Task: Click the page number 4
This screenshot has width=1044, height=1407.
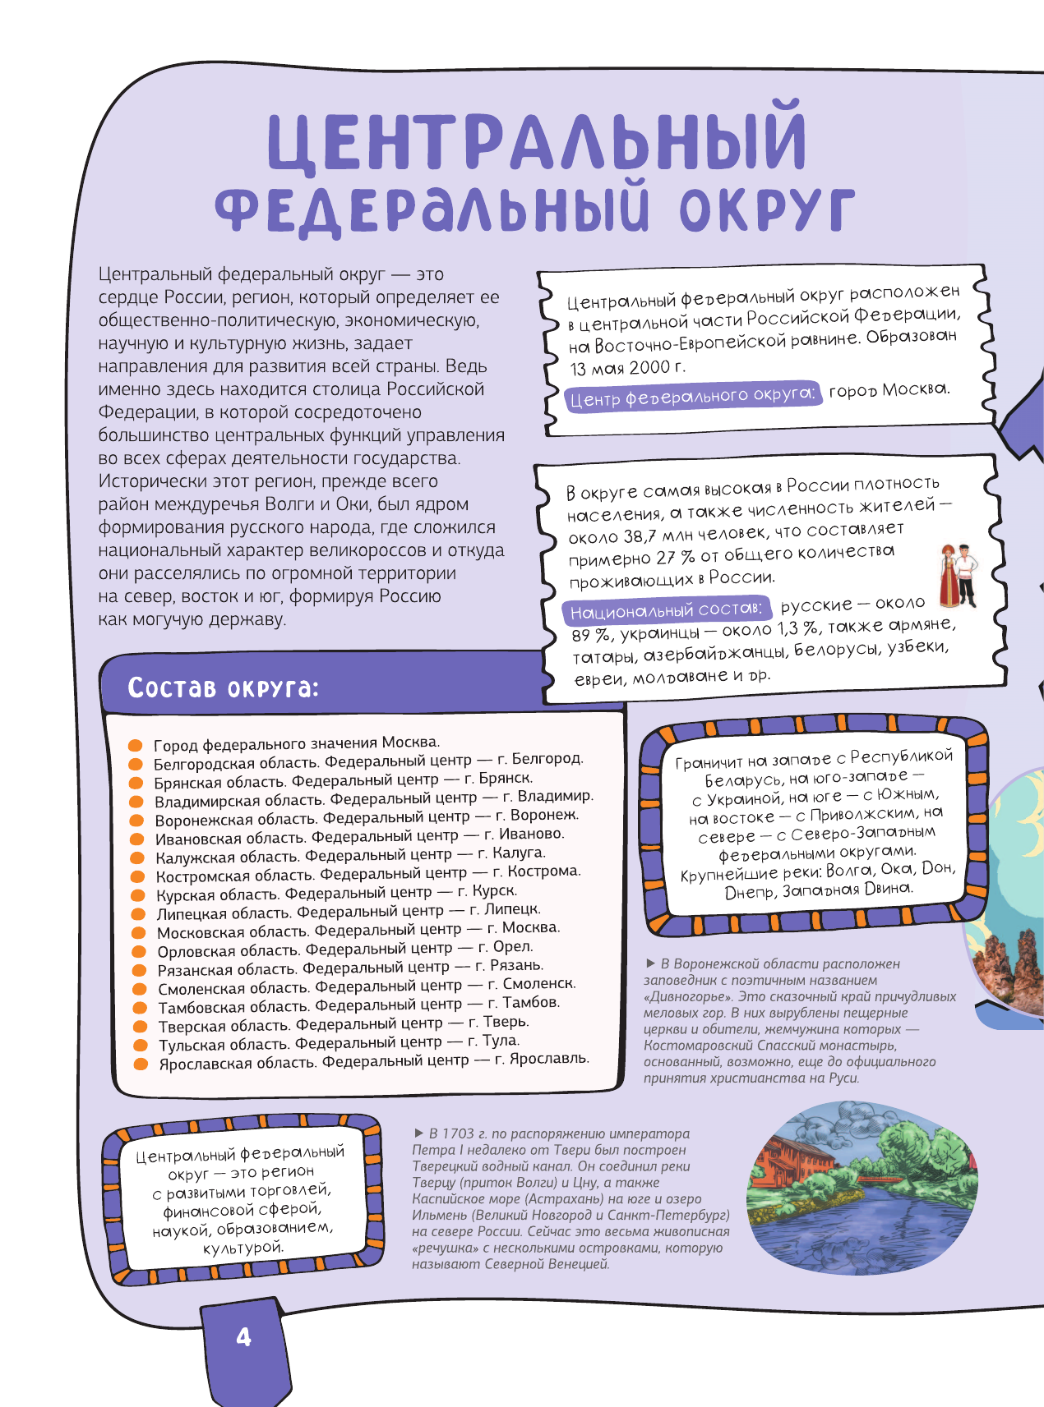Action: pyautogui.click(x=243, y=1337)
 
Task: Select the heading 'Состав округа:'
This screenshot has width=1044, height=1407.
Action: pyautogui.click(x=223, y=687)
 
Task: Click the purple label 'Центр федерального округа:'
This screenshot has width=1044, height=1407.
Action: pyautogui.click(x=692, y=397)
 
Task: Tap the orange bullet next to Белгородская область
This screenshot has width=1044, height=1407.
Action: pyautogui.click(x=136, y=764)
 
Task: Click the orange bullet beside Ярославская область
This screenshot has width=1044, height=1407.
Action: pyautogui.click(x=141, y=1064)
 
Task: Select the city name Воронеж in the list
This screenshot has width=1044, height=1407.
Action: pyautogui.click(x=544, y=815)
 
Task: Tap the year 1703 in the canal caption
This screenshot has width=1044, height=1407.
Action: pyautogui.click(x=458, y=1133)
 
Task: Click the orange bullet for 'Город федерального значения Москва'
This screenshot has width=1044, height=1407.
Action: pyautogui.click(x=136, y=745)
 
